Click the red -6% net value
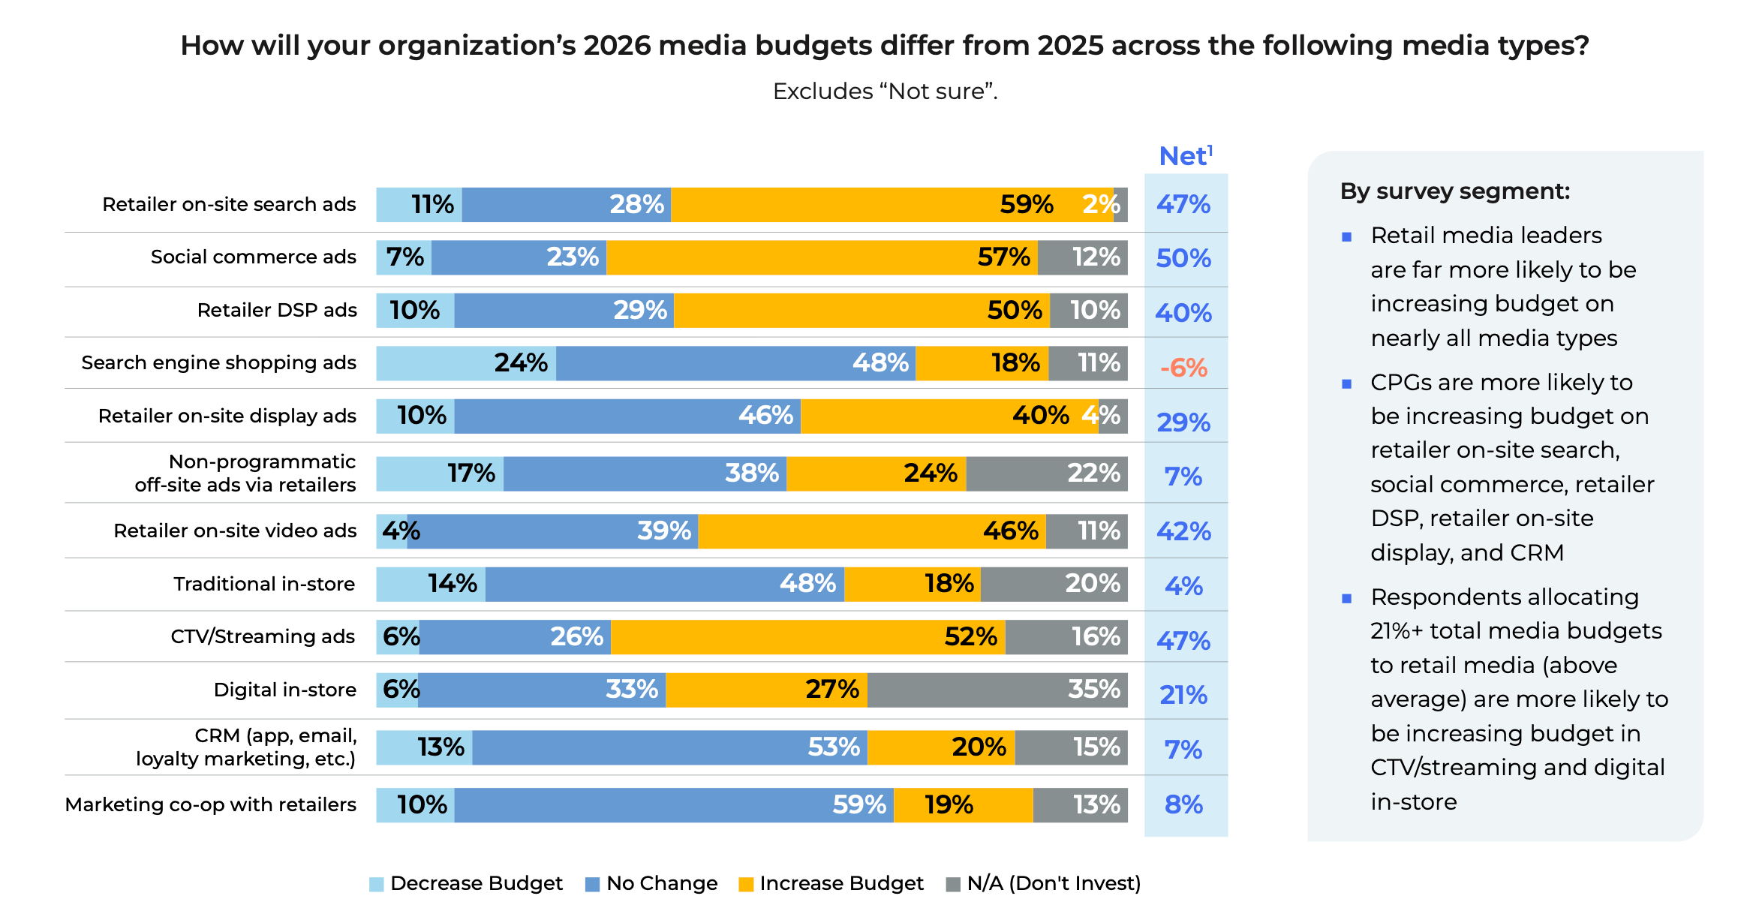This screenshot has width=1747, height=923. coord(1183,368)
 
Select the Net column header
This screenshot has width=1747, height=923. coord(1185,156)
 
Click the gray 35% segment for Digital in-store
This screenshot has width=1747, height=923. coord(997,690)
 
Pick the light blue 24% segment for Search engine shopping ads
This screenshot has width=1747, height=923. coord(466,363)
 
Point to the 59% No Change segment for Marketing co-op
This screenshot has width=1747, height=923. coord(673,805)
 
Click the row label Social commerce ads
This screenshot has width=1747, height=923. coord(253,257)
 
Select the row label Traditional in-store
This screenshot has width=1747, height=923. coord(263,584)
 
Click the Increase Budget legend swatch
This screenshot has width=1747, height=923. coord(746,885)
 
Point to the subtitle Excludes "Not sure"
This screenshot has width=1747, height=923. coord(885,92)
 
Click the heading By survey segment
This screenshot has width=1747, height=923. coord(1454,191)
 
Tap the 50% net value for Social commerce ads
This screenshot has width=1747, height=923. coord(1183,258)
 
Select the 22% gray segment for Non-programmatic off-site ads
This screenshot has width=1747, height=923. coord(1046,474)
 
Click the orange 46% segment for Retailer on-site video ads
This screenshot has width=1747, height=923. coord(871,531)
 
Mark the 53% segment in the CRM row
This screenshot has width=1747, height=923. coord(669,747)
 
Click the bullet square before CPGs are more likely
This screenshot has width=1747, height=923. coord(1346,384)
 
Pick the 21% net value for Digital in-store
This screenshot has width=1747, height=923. coord(1183,695)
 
